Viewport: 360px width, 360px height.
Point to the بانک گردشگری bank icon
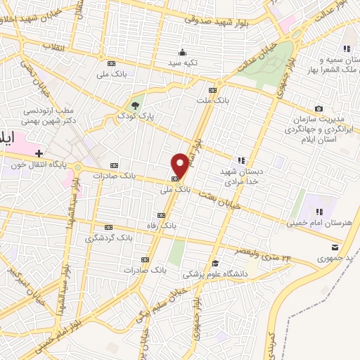(108, 227)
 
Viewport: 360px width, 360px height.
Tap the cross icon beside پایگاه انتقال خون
(39, 152)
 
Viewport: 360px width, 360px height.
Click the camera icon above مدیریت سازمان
(319, 108)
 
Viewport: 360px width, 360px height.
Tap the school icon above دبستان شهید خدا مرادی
(241, 160)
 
